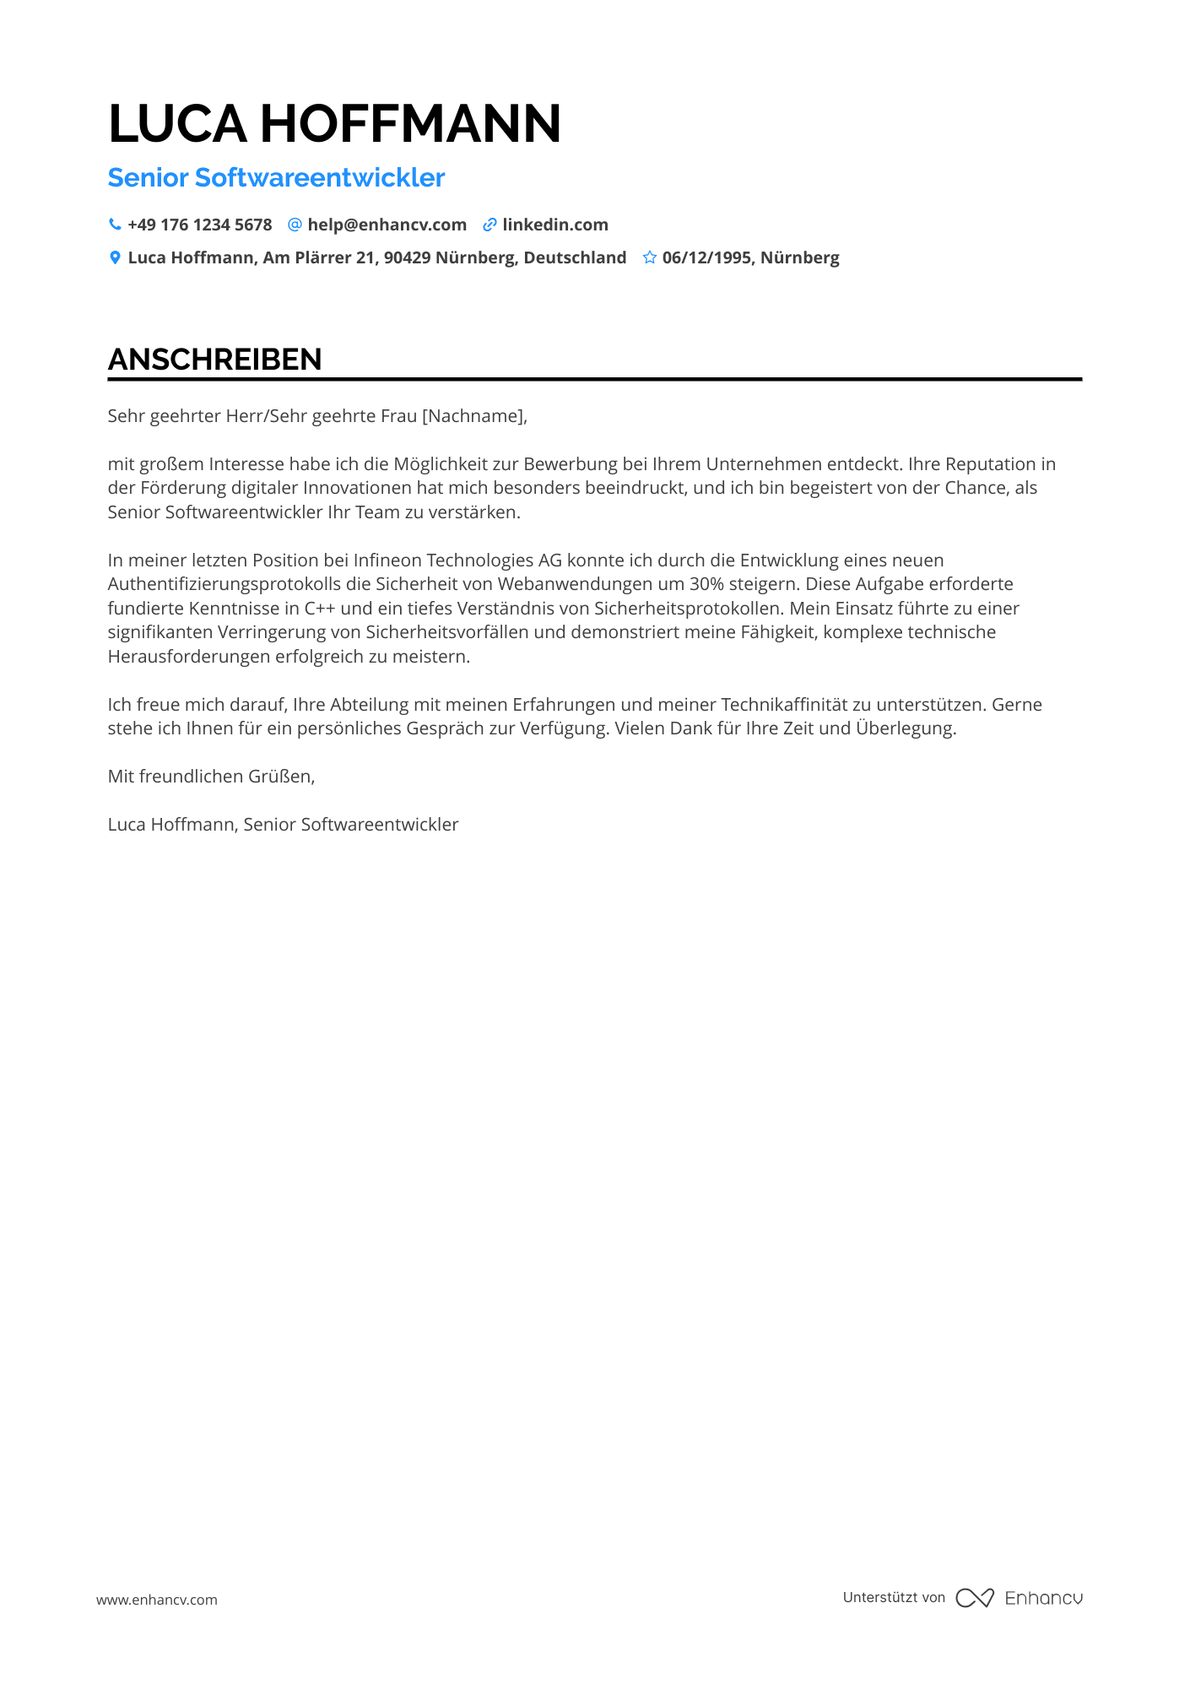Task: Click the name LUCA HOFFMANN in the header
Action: point(334,124)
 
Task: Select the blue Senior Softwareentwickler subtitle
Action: point(276,178)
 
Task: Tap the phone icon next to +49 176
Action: point(115,225)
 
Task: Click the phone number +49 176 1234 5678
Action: point(199,225)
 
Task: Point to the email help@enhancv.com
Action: point(387,225)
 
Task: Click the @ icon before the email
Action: point(295,225)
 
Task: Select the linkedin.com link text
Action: point(554,225)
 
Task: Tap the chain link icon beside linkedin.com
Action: point(490,225)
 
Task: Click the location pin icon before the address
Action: point(115,257)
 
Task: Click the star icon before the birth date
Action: point(649,257)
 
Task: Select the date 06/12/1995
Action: point(706,257)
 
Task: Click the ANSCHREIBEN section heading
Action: point(215,360)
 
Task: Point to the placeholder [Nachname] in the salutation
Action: point(473,415)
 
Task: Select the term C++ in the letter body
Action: point(320,609)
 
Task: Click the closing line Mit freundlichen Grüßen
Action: point(211,777)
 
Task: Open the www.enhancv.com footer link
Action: point(157,1600)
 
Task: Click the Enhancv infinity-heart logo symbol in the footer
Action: point(975,1598)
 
